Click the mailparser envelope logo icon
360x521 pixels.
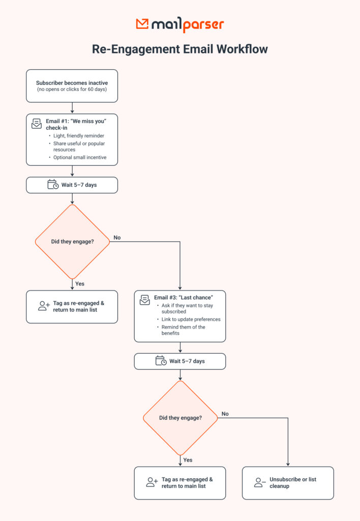(x=142, y=24)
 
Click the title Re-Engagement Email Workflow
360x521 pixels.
(x=179, y=49)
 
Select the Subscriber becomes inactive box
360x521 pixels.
(x=72, y=86)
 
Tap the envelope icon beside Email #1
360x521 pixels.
(x=37, y=124)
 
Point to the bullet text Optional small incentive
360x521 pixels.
(x=80, y=157)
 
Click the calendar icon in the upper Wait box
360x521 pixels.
(x=53, y=185)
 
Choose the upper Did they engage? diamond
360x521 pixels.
(x=72, y=242)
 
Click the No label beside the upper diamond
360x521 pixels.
(x=117, y=238)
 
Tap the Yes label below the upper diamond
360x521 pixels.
(x=80, y=283)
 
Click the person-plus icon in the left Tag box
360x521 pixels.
(x=44, y=306)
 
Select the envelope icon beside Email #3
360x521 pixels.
(x=145, y=300)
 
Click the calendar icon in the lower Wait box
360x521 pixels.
(x=161, y=361)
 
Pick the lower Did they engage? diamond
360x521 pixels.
(x=180, y=418)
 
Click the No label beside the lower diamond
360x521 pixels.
(x=225, y=414)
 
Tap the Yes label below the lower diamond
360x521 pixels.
(x=188, y=459)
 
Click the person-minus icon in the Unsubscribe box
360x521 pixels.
(x=260, y=482)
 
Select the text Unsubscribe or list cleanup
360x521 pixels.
(x=293, y=482)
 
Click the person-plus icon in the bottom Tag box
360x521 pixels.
(x=152, y=482)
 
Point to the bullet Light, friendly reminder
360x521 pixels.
(x=79, y=136)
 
